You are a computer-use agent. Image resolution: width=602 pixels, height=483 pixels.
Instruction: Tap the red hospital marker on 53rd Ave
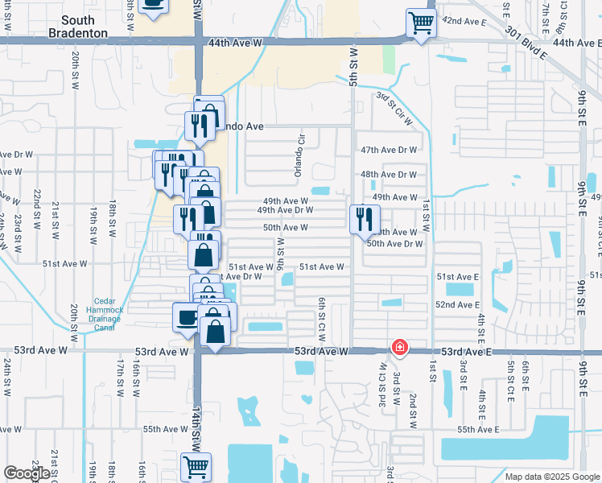398,348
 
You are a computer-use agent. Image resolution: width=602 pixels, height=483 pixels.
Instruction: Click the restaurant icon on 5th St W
365,218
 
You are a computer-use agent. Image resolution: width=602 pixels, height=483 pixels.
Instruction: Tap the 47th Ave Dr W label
389,151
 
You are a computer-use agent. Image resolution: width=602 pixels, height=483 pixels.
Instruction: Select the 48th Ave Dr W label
389,174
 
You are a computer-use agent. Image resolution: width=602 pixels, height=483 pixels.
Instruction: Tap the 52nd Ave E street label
457,305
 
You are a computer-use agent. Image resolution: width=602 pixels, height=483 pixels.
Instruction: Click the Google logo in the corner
27,473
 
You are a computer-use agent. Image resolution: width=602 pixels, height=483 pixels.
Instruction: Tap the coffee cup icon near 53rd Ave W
187,316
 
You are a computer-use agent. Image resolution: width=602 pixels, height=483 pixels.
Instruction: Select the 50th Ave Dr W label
394,243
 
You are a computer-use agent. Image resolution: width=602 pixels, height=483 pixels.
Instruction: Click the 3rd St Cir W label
394,107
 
